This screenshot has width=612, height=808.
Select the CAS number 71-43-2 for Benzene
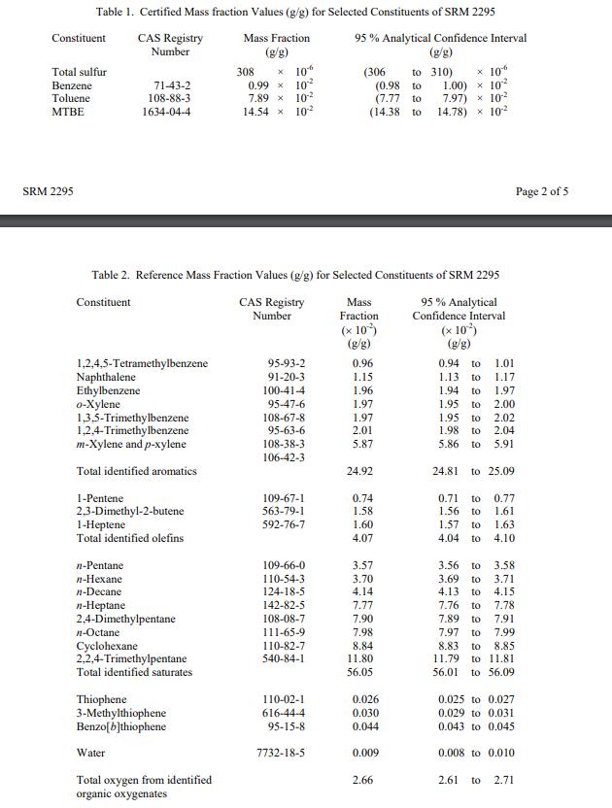[x=171, y=85]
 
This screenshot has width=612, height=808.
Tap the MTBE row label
[x=68, y=112]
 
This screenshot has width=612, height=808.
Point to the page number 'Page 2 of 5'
[x=542, y=191]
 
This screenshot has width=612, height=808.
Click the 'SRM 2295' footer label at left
[x=48, y=191]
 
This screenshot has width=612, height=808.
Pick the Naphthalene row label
[x=106, y=377]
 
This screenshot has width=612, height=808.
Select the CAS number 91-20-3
[x=286, y=377]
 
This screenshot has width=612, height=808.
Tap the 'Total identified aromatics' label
[x=136, y=471]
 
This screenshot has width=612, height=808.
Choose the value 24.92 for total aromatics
[x=361, y=471]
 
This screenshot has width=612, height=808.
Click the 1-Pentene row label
[x=100, y=498]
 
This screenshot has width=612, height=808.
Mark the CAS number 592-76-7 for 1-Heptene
[x=285, y=524]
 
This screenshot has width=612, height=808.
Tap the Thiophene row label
[x=101, y=699]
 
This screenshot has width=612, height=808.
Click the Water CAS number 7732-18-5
[x=285, y=753]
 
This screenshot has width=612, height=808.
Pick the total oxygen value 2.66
[x=363, y=780]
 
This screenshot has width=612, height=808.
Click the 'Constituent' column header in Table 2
[x=103, y=302]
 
